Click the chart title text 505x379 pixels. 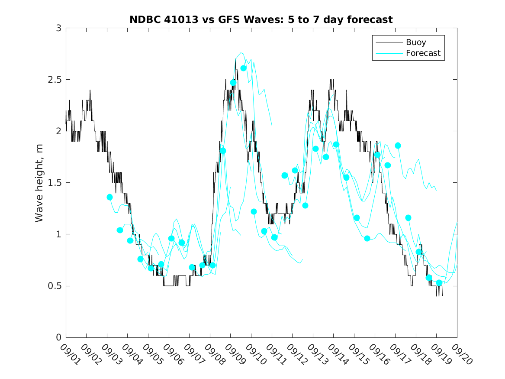pyautogui.click(x=261, y=19)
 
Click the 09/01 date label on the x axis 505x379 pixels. pyautogui.click(x=69, y=354)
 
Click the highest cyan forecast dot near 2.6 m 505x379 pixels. pyautogui.click(x=244, y=68)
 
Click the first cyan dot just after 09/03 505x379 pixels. pyautogui.click(x=109, y=197)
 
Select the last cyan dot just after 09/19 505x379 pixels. pyautogui.click(x=439, y=283)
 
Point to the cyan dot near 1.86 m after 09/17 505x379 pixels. pyautogui.click(x=398, y=146)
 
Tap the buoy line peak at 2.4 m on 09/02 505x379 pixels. pyautogui.click(x=90, y=90)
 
